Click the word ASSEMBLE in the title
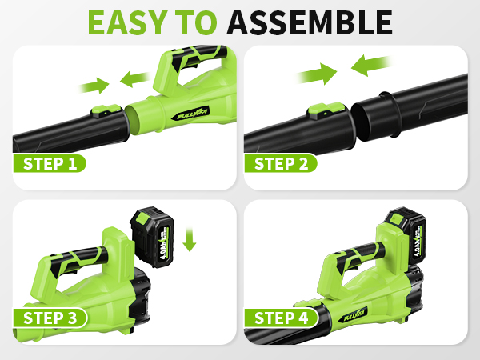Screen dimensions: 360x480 coord(309,22)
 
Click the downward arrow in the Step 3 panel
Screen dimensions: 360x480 coord(189,238)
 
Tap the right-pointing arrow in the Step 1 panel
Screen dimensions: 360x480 coord(96,83)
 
